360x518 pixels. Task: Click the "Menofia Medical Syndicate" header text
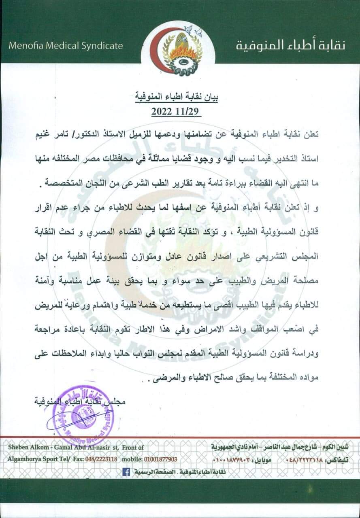(66, 45)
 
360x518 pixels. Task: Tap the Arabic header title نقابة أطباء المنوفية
(290, 45)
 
